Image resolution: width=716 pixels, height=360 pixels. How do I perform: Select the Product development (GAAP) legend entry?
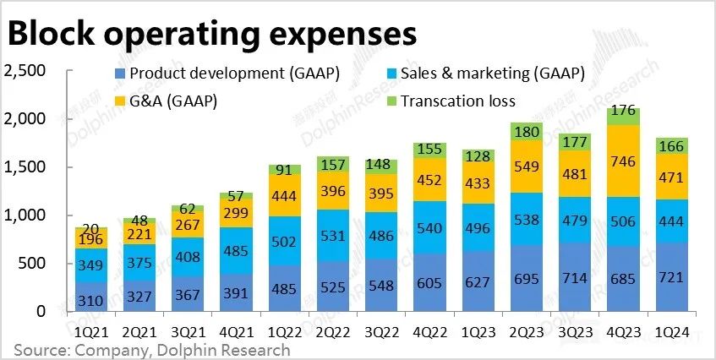(x=226, y=74)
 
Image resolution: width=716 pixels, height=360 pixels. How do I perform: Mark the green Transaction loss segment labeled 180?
(x=527, y=132)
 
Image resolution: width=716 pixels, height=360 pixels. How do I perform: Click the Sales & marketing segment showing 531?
(x=333, y=236)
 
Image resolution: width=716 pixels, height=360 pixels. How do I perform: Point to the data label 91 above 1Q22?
(x=285, y=170)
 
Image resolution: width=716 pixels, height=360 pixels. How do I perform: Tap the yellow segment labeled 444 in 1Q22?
(x=285, y=195)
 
